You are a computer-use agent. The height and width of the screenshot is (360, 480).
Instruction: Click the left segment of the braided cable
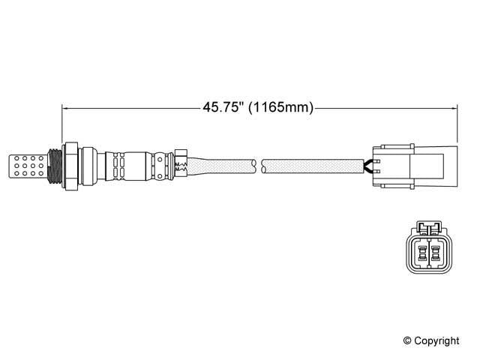221,163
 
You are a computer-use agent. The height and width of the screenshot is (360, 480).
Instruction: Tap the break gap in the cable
259,163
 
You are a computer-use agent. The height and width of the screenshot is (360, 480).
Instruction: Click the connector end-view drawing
427,251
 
